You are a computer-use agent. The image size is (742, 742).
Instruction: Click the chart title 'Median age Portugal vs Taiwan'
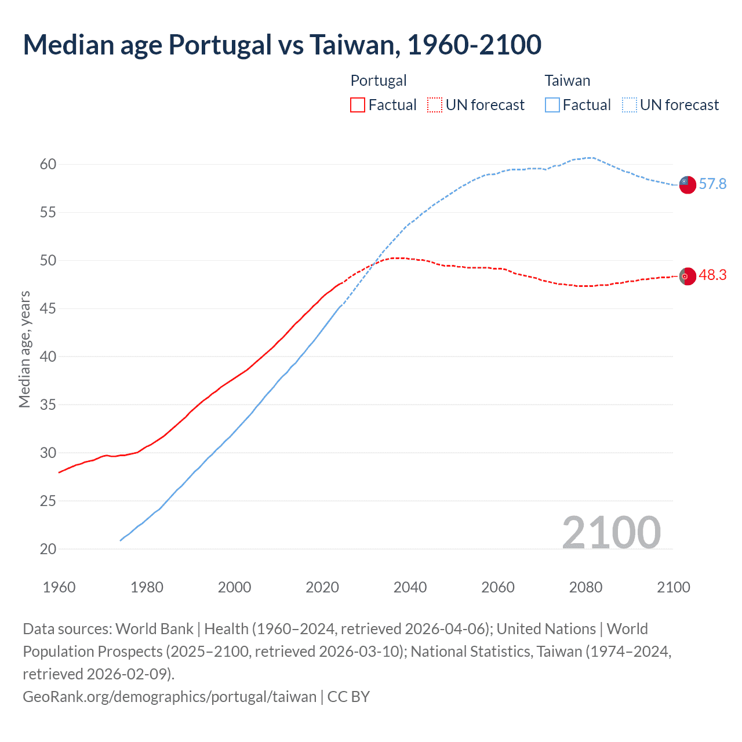pyautogui.click(x=282, y=45)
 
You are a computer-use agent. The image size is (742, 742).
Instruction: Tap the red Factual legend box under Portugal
pyautogui.click(x=358, y=105)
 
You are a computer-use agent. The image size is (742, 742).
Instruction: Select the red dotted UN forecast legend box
pyautogui.click(x=434, y=105)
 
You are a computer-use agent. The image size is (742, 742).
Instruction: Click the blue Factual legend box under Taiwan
pyautogui.click(x=552, y=105)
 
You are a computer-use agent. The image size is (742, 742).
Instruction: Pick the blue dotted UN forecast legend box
pyautogui.click(x=629, y=105)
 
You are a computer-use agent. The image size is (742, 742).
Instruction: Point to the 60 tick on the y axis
pyautogui.click(x=48, y=164)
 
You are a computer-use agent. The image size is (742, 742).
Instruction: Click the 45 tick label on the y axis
pyautogui.click(x=48, y=308)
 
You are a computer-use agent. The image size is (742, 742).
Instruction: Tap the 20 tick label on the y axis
pyautogui.click(x=48, y=549)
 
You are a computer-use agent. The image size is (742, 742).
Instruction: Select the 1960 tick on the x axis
pyautogui.click(x=59, y=587)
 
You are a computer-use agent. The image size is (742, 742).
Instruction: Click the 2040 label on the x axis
pyautogui.click(x=410, y=587)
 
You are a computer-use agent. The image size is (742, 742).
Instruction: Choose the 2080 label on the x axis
pyautogui.click(x=585, y=587)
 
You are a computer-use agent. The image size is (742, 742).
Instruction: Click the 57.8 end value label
pyautogui.click(x=712, y=184)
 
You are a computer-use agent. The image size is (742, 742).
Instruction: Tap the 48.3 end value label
pyautogui.click(x=712, y=275)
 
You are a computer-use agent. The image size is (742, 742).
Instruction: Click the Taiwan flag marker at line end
pyautogui.click(x=687, y=184)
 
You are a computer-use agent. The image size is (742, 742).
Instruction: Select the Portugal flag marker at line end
pyautogui.click(x=687, y=277)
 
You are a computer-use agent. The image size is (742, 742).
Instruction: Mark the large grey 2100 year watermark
pyautogui.click(x=611, y=532)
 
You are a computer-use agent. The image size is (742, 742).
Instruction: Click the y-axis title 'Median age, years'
pyautogui.click(x=24, y=350)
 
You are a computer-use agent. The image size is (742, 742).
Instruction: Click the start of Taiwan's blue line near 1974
pyautogui.click(x=121, y=540)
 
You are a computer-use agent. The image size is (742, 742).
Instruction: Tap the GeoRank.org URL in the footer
pyautogui.click(x=169, y=696)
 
